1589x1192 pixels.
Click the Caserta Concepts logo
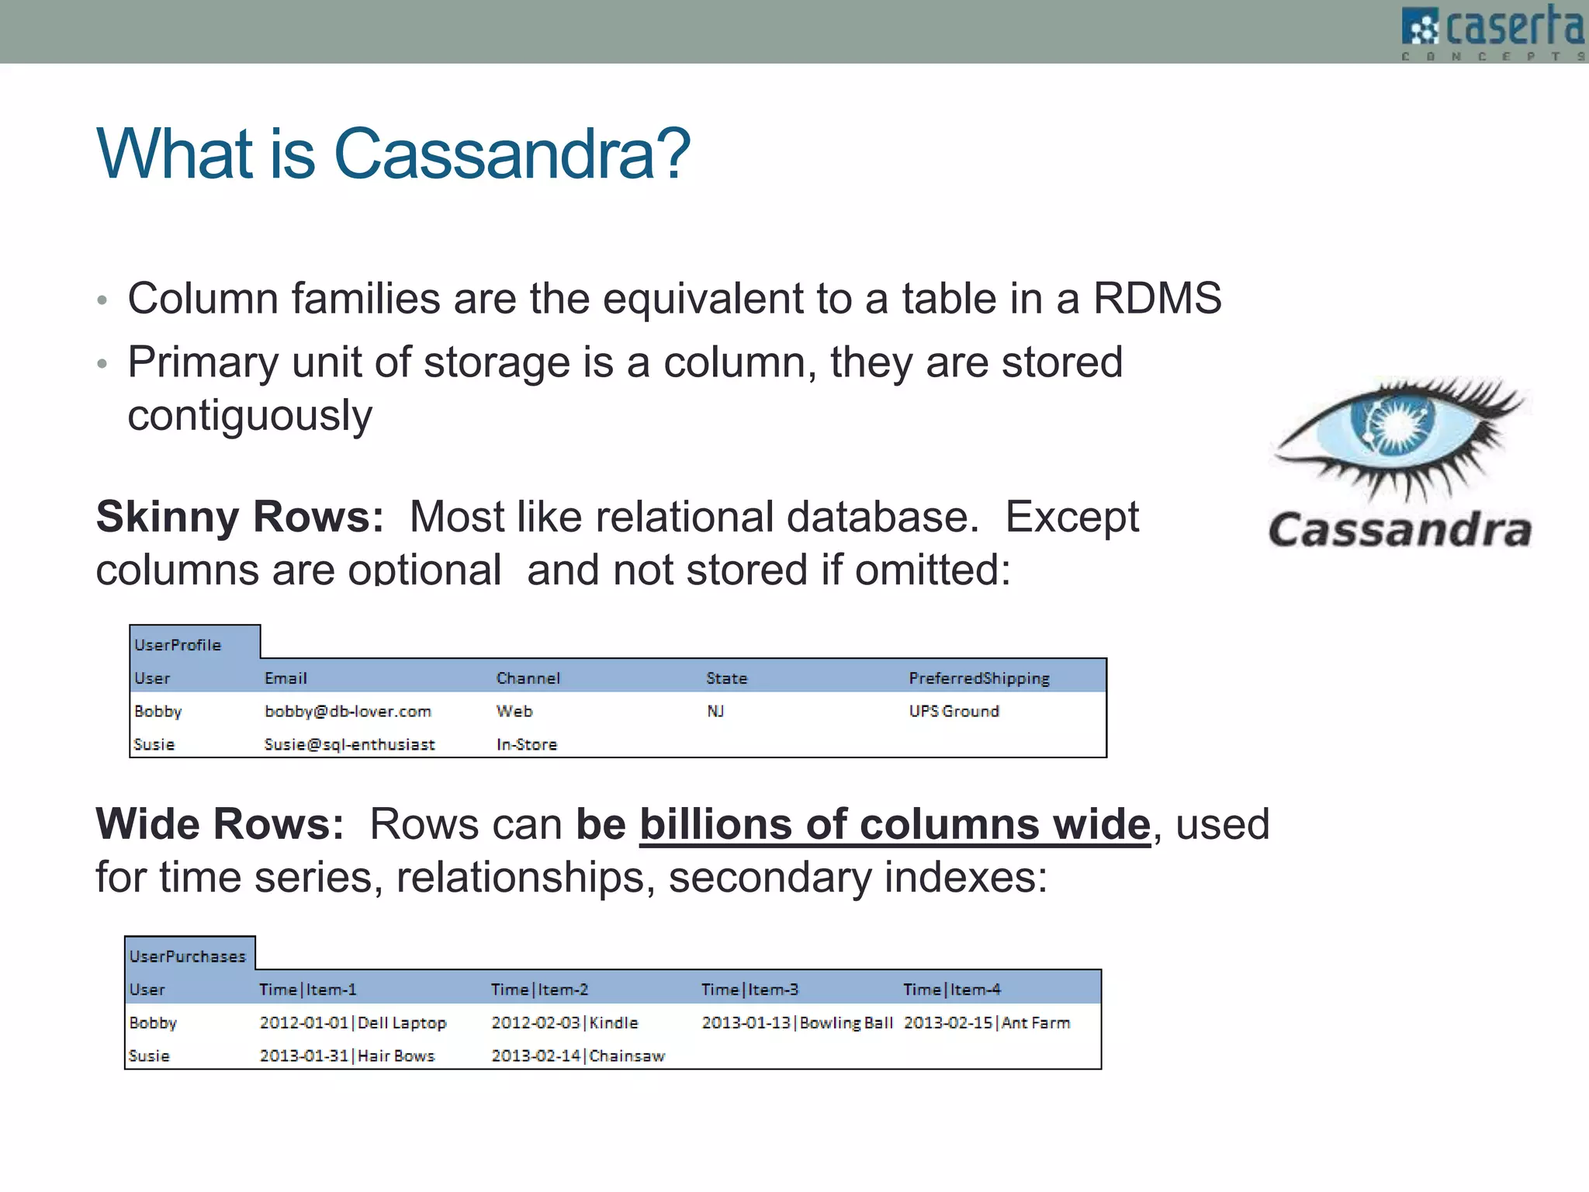1493,31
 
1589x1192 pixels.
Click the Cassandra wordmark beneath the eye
1400,530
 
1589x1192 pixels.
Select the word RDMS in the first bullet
1157,299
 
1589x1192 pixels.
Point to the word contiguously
249,416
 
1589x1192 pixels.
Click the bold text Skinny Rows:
240,517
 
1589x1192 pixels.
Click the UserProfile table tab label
178,645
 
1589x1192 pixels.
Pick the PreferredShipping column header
978,678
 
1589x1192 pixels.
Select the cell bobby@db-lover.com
348,712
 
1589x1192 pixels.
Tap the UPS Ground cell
954,712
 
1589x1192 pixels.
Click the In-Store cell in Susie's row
526,744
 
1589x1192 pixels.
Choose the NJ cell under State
715,712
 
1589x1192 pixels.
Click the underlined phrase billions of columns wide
894,824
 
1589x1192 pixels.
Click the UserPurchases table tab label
187,957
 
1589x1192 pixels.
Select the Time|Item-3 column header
749,989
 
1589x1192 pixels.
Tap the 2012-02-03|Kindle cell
564,1023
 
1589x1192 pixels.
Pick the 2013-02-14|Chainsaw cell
578,1056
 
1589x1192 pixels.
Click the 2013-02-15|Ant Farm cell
986,1023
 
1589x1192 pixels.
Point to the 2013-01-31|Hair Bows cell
347,1056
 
